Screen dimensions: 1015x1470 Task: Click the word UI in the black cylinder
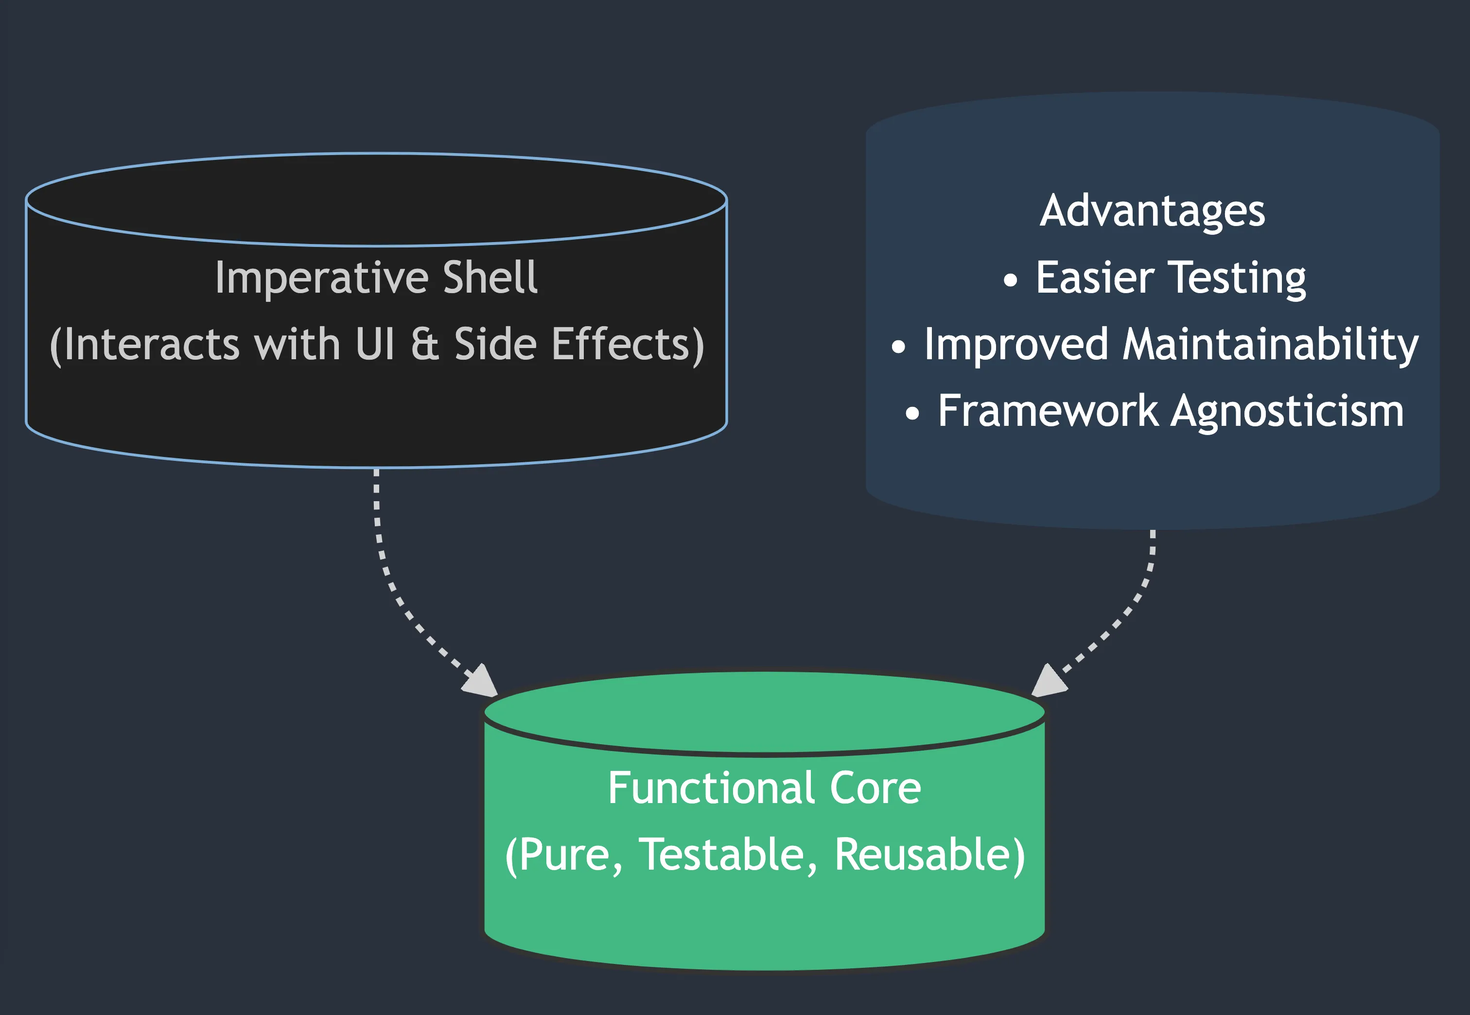pyautogui.click(x=375, y=344)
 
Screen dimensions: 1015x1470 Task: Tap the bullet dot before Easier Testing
pyautogui.click(x=1010, y=280)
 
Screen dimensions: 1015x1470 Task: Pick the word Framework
pyautogui.click(x=1048, y=411)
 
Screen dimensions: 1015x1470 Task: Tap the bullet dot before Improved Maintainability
pyautogui.click(x=898, y=347)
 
